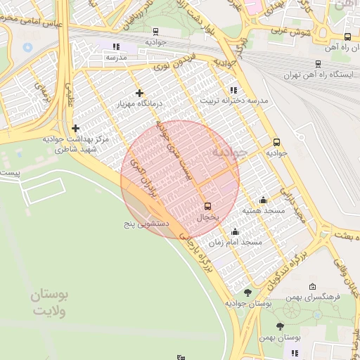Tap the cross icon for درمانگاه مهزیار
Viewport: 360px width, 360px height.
[139, 92]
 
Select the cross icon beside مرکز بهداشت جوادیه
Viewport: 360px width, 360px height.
[75, 128]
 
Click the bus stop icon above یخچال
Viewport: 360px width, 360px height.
[207, 206]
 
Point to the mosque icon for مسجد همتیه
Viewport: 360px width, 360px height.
[263, 200]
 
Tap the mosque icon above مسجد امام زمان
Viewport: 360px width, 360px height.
[234, 231]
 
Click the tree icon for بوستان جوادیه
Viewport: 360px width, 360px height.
[247, 292]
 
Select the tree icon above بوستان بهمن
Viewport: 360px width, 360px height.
[281, 326]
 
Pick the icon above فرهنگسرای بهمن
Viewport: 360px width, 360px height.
[312, 286]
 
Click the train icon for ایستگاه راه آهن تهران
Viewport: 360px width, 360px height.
[319, 63]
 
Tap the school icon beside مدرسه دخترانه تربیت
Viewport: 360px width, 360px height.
[233, 90]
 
